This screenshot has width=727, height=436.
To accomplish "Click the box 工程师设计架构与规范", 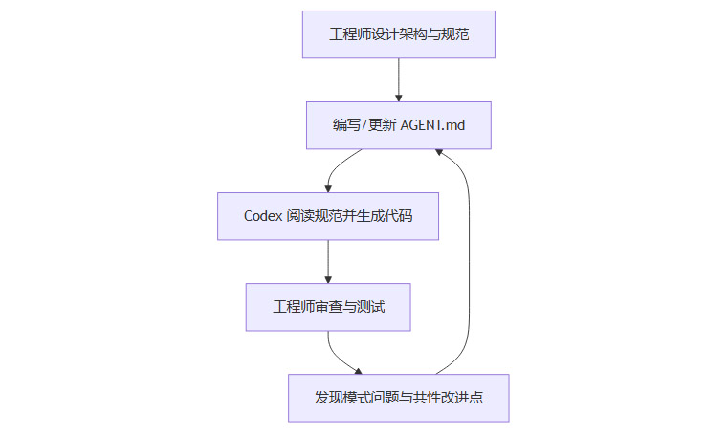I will click(x=398, y=34).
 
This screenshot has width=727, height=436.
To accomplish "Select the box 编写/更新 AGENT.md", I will click(x=398, y=125).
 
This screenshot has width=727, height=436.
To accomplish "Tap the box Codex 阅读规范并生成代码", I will click(x=328, y=216).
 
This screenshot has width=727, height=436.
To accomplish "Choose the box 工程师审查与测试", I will click(x=328, y=307).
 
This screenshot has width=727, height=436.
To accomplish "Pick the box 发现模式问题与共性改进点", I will click(x=398, y=398).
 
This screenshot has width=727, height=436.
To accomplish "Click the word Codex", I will click(x=264, y=216).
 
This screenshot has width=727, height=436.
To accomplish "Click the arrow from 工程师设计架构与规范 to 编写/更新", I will click(x=398, y=79).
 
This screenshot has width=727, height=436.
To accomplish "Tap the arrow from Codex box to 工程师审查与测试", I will click(x=328, y=261).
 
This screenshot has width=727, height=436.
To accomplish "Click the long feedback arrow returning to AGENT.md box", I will click(x=469, y=258).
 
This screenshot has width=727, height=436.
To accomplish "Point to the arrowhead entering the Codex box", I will click(x=328, y=187).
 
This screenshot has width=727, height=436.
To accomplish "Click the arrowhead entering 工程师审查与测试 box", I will click(x=328, y=278).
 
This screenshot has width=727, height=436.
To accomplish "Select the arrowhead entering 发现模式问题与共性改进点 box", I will click(x=360, y=371).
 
